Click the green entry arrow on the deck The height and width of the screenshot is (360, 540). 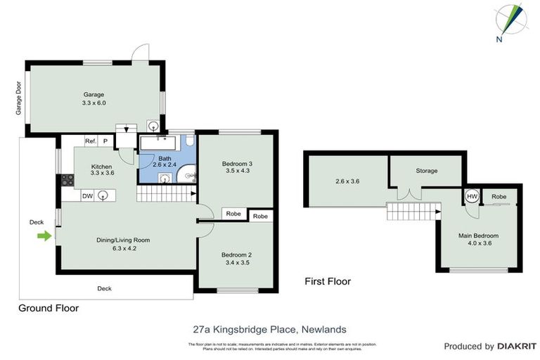pos(44,236)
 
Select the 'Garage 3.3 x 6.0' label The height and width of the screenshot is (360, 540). pos(94,98)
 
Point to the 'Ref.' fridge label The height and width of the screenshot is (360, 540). pos(90,141)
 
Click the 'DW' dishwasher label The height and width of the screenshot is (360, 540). pos(87,196)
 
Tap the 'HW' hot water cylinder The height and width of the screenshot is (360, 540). pos(472,196)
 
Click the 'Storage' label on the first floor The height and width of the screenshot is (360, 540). pos(426,171)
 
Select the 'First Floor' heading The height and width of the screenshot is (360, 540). pos(327,281)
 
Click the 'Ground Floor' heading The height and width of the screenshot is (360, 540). pos(49,308)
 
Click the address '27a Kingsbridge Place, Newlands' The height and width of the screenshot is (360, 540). pos(269,328)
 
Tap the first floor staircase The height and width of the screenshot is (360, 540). pos(413,209)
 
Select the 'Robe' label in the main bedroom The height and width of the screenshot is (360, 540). pos(500,196)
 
